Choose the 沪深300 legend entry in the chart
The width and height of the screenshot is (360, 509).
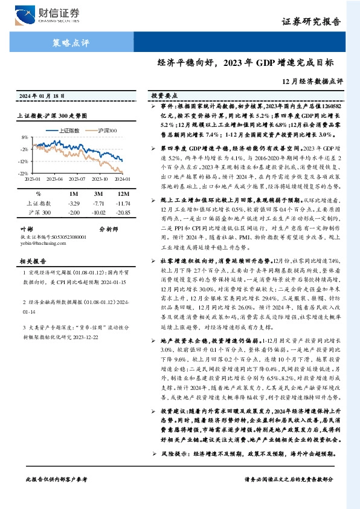[107, 130]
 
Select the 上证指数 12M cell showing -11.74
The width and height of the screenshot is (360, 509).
[123, 204]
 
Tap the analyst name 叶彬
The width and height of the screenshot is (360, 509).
[26, 229]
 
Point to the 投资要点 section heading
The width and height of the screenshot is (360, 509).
[163, 96]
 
